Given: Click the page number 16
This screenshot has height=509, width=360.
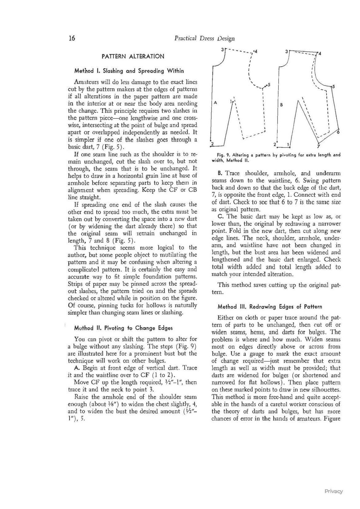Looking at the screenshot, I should pyautogui.click(x=72, y=38).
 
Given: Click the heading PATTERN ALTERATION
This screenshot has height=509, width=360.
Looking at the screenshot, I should pyautogui.click(x=133, y=57).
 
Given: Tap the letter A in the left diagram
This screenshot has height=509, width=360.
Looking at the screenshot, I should pyautogui.click(x=215, y=102).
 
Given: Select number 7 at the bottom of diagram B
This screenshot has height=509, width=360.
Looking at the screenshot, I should pyautogui.click(x=318, y=146).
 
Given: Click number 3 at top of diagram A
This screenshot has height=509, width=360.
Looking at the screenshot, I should pyautogui.click(x=222, y=50).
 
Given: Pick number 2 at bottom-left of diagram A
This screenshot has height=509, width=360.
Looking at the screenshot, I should pyautogui.click(x=213, y=144).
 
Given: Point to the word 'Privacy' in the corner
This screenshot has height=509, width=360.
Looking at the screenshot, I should pyautogui.click(x=333, y=491).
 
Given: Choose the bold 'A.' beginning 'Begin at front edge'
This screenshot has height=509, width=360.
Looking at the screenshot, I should pyautogui.click(x=76, y=368).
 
